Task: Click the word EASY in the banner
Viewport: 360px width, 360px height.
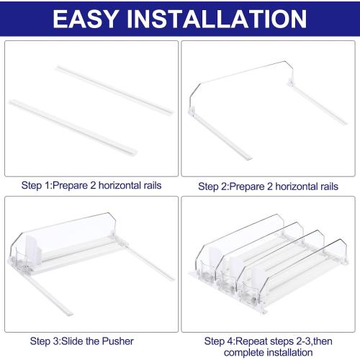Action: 85,19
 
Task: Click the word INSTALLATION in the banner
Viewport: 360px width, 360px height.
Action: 217,19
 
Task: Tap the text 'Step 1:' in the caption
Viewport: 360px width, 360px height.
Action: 37,186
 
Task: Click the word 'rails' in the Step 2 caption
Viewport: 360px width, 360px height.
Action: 329,186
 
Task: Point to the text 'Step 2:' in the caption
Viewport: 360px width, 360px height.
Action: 213,186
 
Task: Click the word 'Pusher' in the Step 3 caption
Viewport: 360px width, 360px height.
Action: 117,341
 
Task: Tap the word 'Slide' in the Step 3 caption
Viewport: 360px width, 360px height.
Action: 73,341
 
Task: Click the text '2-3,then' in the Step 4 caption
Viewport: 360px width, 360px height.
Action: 314,341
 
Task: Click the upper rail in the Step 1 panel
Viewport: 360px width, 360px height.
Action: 114,90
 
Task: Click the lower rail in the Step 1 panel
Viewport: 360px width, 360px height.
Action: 73,127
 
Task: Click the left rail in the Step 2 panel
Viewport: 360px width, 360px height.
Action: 221,136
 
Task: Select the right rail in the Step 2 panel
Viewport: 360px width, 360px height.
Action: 318,104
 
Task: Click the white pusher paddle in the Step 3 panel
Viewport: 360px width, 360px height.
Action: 33,249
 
